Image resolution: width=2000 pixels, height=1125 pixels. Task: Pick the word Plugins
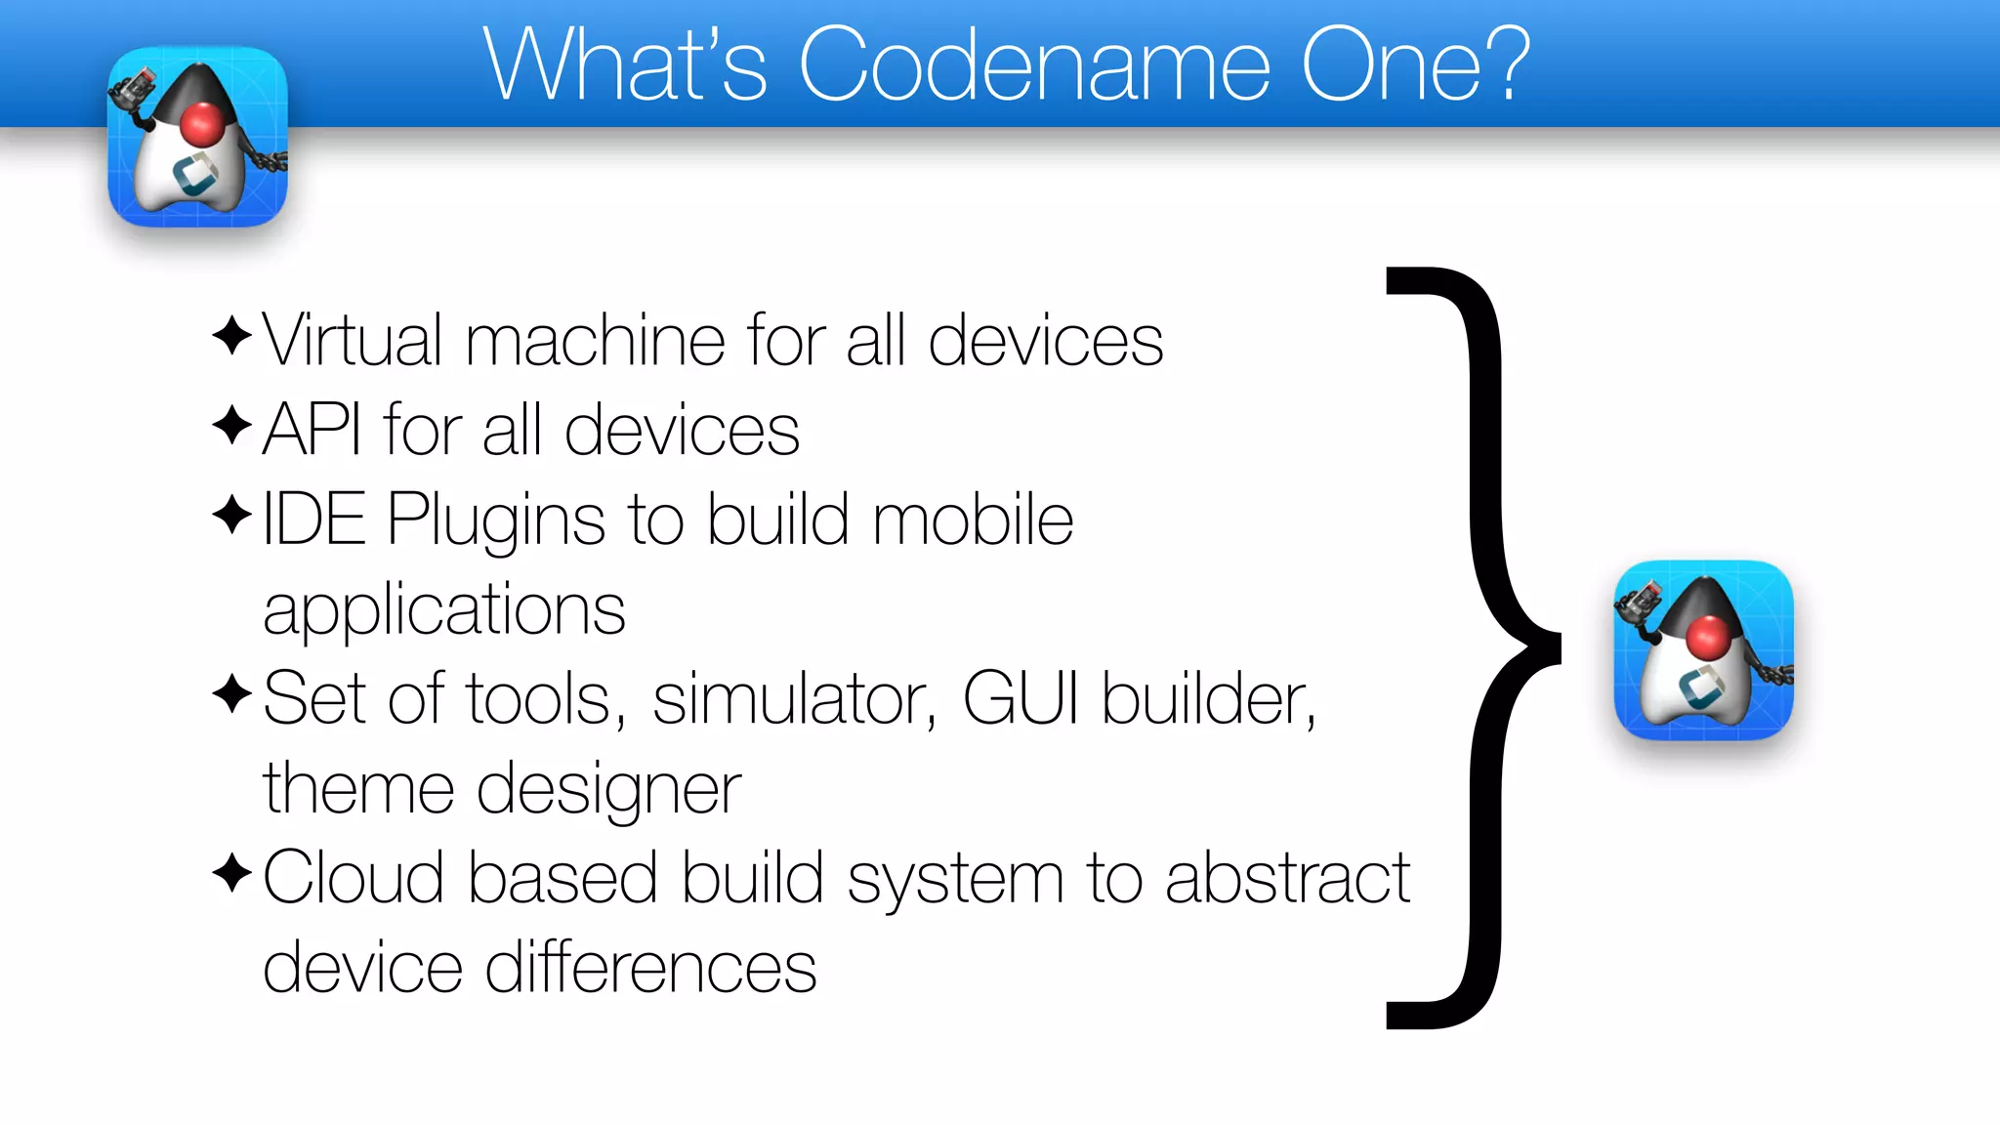pyautogui.click(x=496, y=521)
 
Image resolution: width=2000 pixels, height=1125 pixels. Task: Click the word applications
pyautogui.click(x=444, y=611)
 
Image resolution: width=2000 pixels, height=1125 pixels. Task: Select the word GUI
pyautogui.click(x=1021, y=698)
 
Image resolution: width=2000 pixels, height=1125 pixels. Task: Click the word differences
pyautogui.click(x=650, y=968)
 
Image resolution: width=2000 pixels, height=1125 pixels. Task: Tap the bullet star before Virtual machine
pyautogui.click(x=232, y=336)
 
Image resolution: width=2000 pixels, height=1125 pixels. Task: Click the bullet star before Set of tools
pyautogui.click(x=232, y=694)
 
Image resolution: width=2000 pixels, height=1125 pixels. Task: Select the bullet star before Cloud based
pyautogui.click(x=232, y=872)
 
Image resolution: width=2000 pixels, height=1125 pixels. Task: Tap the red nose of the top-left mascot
pyautogui.click(x=202, y=124)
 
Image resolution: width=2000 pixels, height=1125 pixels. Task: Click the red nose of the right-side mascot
pyautogui.click(x=1708, y=638)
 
